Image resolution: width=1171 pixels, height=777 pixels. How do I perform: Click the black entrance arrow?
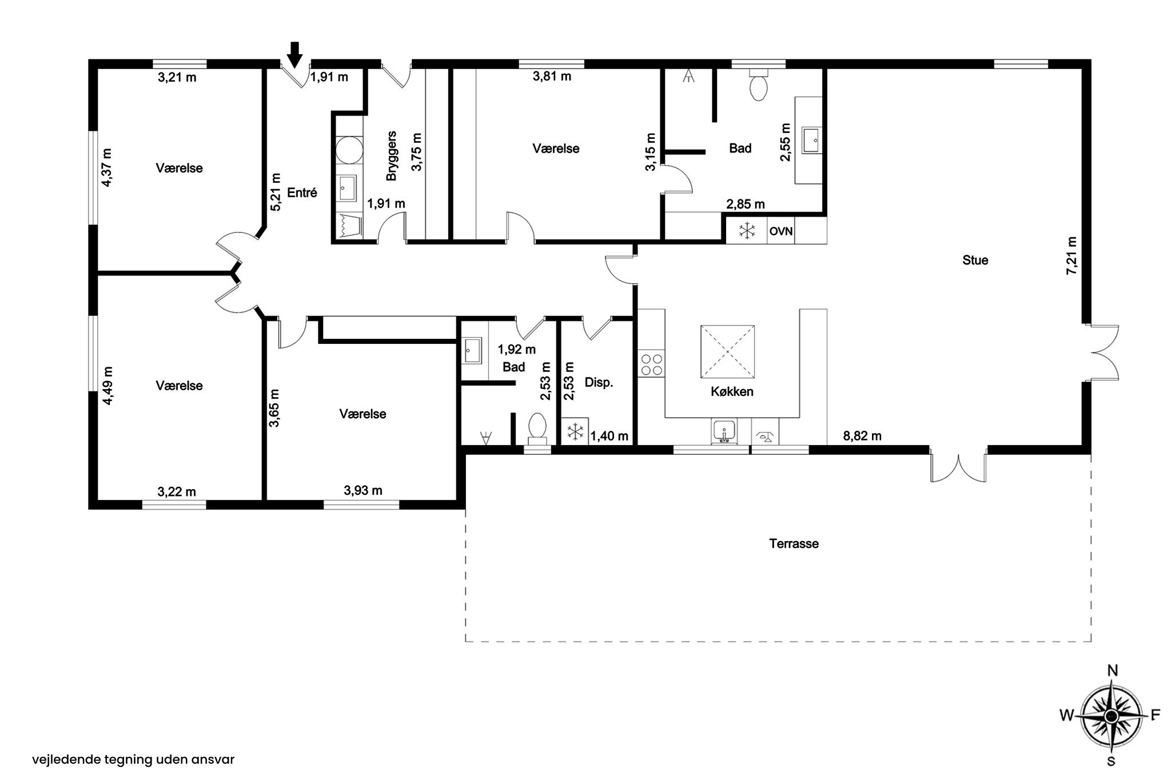pyautogui.click(x=294, y=55)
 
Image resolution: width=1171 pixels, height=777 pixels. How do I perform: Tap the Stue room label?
pyautogui.click(x=975, y=261)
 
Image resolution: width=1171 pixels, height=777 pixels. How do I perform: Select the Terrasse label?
pyautogui.click(x=794, y=543)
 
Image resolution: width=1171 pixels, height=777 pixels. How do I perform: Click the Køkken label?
pyautogui.click(x=732, y=392)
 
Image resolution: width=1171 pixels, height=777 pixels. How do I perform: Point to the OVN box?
pyautogui.click(x=780, y=231)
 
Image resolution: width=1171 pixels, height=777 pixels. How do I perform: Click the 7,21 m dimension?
pyautogui.click(x=1071, y=256)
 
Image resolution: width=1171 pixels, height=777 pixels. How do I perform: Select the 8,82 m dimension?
pyautogui.click(x=862, y=436)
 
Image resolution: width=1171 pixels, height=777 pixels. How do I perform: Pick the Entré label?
pyautogui.click(x=302, y=193)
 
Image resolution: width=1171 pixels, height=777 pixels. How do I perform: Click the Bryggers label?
pyautogui.click(x=392, y=156)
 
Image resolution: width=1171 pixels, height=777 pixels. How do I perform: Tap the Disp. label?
pyautogui.click(x=599, y=383)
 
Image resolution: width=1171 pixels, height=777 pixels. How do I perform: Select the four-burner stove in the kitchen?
pyautogui.click(x=652, y=365)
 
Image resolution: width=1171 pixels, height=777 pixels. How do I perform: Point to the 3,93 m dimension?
pyautogui.click(x=363, y=490)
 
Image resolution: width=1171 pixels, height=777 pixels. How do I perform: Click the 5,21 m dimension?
pyautogui.click(x=276, y=192)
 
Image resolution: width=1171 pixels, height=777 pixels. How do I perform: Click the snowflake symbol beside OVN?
pyautogui.click(x=747, y=231)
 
